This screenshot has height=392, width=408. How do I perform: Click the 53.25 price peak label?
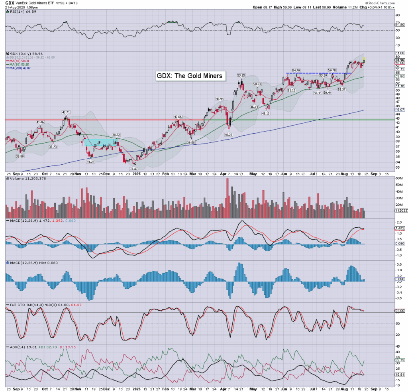pos(241,75)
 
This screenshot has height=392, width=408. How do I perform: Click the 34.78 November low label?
pos(90,162)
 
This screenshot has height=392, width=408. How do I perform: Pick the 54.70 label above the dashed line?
pos(296,70)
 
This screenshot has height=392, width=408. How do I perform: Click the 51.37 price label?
pos(341,89)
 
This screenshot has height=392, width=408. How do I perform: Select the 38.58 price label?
pos(191,142)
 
